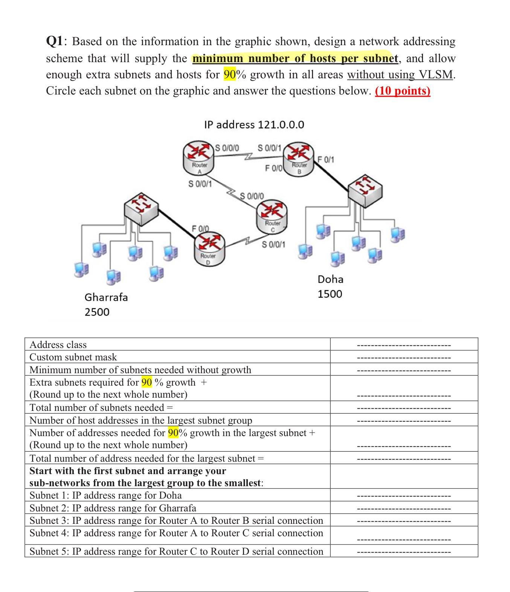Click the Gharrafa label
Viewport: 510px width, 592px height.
[106, 297]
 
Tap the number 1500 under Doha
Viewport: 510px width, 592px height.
[330, 294]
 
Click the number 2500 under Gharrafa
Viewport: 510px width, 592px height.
[97, 312]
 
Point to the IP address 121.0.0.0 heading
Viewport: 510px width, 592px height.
[254, 124]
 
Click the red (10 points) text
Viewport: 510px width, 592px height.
[402, 91]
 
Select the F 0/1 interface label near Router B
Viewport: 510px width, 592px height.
[326, 159]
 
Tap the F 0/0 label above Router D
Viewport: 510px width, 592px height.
[200, 229]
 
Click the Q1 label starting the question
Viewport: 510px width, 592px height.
[56, 41]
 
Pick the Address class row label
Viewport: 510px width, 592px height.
[58, 345]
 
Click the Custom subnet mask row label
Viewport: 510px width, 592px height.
[73, 357]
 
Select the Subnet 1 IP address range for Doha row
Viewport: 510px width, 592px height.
[105, 495]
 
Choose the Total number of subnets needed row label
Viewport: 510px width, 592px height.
[101, 407]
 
